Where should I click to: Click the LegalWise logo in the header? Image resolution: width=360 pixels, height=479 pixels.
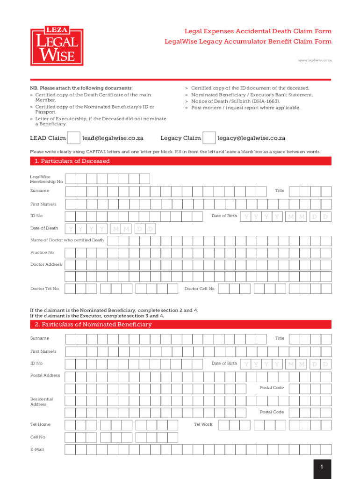[x=57, y=46]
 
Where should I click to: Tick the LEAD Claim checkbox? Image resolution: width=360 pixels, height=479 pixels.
[x=73, y=138]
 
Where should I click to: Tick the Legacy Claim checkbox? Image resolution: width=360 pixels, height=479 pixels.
[x=209, y=138]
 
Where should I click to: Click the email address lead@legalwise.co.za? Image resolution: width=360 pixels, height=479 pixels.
[x=113, y=138]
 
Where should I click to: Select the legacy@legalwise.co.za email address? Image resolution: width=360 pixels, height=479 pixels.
[x=252, y=138]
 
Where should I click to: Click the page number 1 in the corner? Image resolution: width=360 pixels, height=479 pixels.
[x=322, y=467]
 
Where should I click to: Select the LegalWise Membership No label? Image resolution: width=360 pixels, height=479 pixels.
[x=46, y=179]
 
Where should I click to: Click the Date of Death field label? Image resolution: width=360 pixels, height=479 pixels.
[x=44, y=228]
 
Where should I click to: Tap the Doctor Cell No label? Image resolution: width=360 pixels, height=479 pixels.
[x=199, y=289]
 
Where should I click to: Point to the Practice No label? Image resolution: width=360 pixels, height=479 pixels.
[x=42, y=253]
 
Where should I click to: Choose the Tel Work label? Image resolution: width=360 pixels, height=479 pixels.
[x=203, y=424]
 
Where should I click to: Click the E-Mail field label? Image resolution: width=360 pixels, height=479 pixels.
[x=37, y=450]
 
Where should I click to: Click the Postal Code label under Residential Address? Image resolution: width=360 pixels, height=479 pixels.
[x=272, y=412]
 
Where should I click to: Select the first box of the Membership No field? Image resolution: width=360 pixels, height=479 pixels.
[x=70, y=179]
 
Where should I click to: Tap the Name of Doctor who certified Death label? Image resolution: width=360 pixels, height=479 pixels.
[x=67, y=240]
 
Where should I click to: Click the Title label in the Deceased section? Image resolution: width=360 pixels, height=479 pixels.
[x=280, y=191]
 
